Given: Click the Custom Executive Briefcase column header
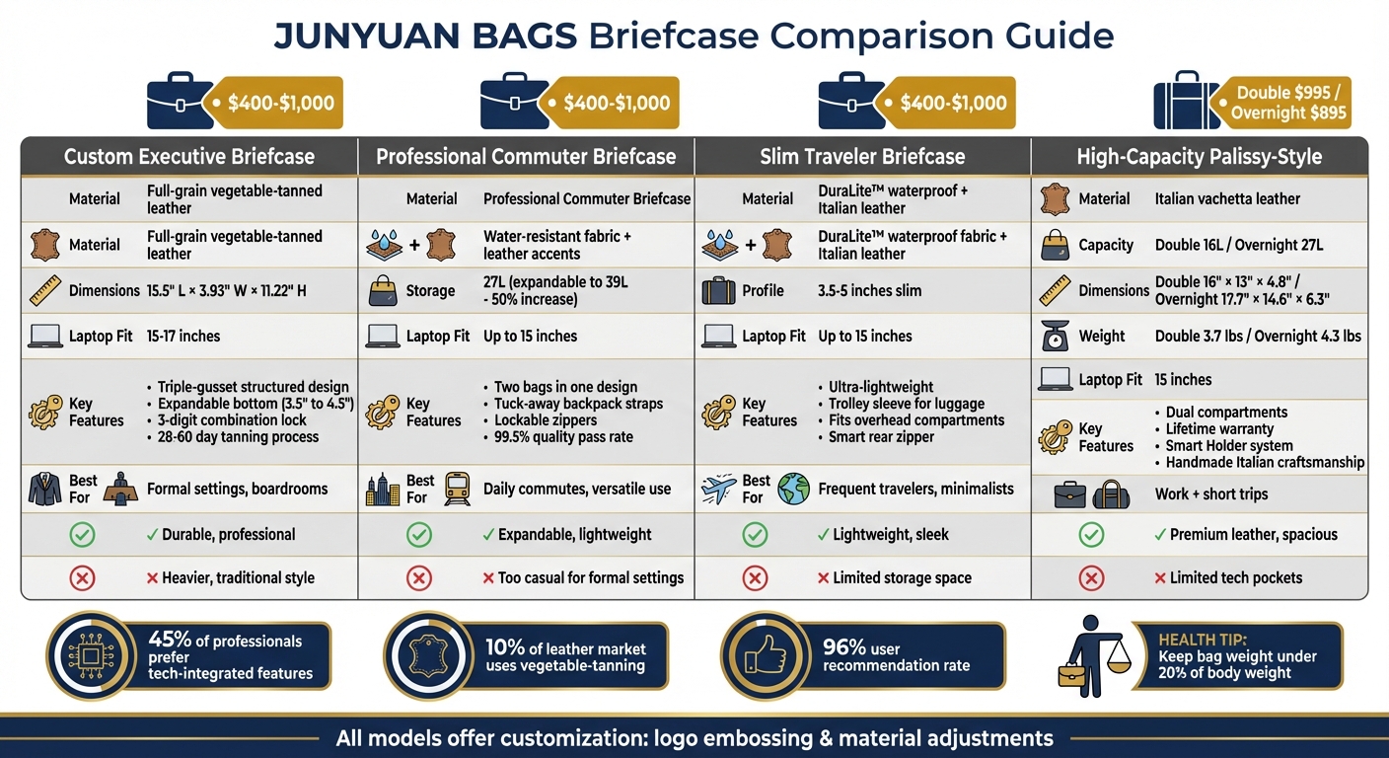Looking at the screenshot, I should (188, 156).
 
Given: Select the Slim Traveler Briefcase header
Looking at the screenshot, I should (862, 156).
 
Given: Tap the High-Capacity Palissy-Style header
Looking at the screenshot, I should (1200, 156).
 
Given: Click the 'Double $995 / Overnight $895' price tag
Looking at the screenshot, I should (1287, 103).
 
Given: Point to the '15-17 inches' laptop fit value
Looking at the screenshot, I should (183, 337).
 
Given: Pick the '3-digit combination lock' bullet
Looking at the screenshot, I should (238, 420).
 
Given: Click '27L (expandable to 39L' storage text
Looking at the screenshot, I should (555, 282).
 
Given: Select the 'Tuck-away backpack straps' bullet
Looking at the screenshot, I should (578, 404).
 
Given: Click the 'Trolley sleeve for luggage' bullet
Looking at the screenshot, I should (906, 404).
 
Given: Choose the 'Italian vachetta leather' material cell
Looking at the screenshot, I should (1227, 199).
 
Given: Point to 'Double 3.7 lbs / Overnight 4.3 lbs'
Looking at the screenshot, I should (1258, 337).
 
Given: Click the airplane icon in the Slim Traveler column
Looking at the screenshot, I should (719, 488).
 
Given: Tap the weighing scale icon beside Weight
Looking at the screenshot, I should (1056, 337).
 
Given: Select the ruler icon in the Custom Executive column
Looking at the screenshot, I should (45, 290).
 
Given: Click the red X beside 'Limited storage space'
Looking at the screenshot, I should (755, 578).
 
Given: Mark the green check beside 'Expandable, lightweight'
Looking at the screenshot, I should (419, 535).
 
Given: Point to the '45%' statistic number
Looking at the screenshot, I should (169, 641).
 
